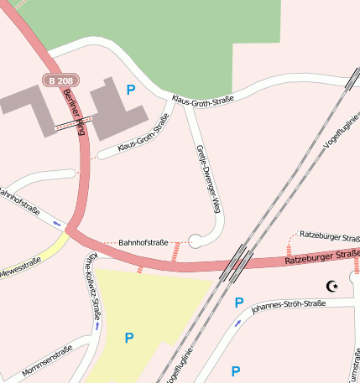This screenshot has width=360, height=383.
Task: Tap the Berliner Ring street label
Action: coord(75,107)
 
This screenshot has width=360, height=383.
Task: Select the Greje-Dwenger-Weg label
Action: coord(209,179)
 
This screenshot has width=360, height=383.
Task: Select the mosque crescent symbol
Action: coord(332,287)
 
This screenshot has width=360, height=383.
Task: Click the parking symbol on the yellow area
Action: coord(129,338)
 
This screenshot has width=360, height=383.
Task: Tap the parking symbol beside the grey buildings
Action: coord(130,89)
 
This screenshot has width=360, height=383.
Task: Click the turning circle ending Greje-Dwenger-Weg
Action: coord(196,241)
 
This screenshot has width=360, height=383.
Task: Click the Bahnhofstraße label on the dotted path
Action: coord(143,241)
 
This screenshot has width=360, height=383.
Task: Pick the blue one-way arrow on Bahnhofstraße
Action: coord(56,223)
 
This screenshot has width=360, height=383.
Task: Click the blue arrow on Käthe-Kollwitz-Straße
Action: coord(98,326)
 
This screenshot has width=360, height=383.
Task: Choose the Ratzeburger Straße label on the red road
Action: coord(321,256)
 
